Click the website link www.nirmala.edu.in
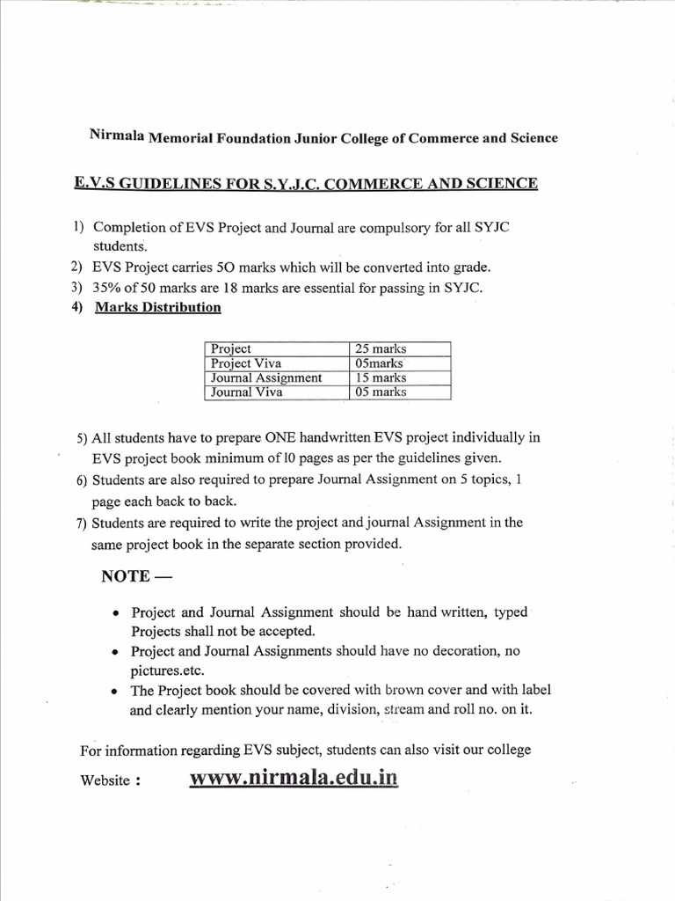(293, 779)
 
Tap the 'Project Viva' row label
(247, 363)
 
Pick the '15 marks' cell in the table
(380, 377)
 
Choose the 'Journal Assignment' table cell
(266, 377)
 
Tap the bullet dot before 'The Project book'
(117, 692)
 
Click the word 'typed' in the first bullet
(511, 612)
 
